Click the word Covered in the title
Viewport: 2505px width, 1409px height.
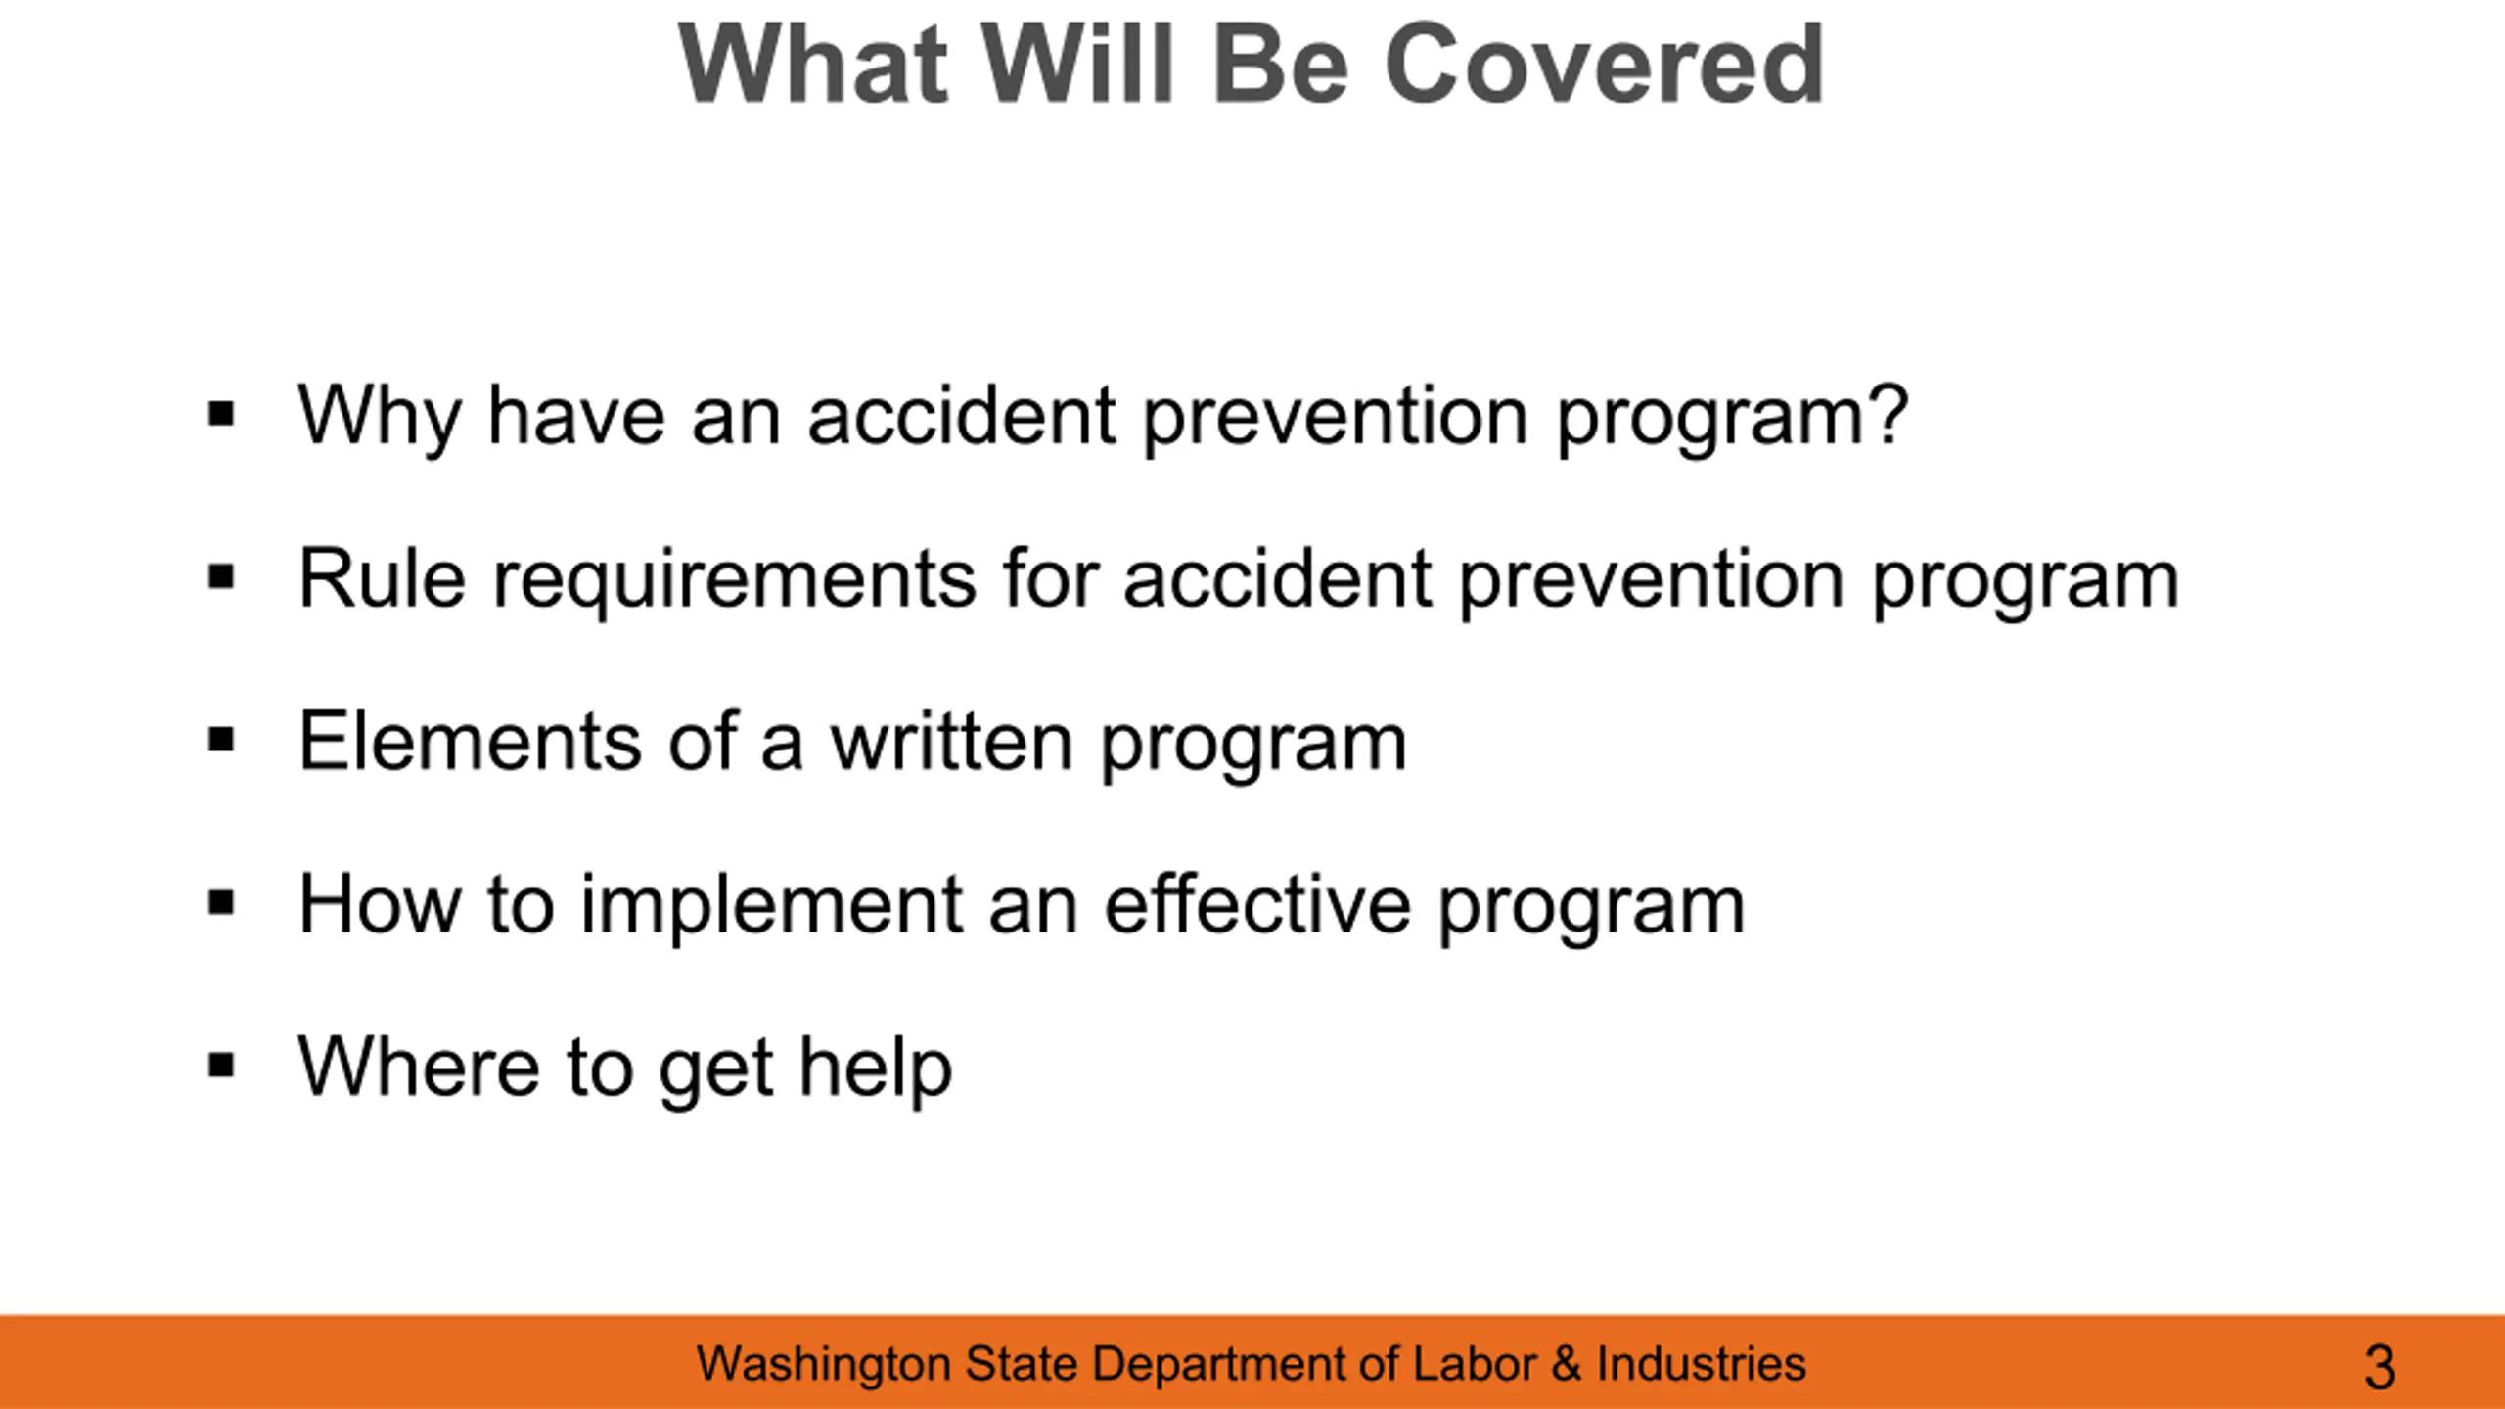click(1604, 65)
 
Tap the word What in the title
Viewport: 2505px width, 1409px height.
click(813, 65)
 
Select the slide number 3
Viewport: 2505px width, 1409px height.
click(2380, 1367)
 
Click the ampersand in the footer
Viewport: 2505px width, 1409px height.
click(1567, 1364)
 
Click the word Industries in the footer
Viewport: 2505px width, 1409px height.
click(1701, 1364)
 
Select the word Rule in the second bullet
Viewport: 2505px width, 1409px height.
click(382, 578)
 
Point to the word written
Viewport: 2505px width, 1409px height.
click(952, 741)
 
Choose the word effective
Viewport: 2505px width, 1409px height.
click(1258, 904)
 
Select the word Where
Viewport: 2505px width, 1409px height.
click(419, 1067)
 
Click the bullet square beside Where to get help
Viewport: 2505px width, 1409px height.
click(222, 1066)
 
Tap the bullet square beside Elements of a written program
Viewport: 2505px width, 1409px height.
click(222, 740)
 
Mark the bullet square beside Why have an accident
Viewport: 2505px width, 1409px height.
click(222, 414)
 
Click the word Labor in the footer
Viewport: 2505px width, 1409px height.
click(1474, 1364)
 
